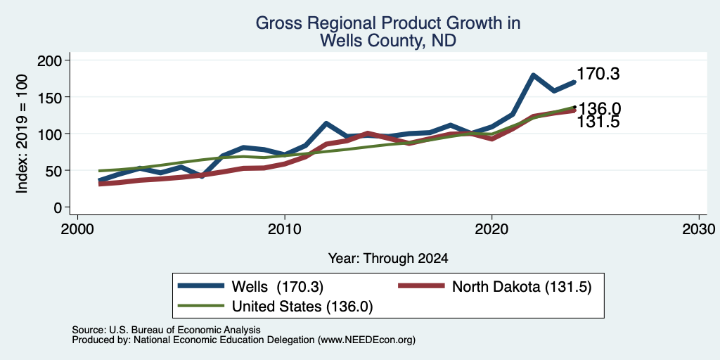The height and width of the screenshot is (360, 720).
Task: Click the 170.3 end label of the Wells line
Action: [x=598, y=74]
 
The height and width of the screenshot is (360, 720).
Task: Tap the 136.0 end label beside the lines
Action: [x=599, y=109]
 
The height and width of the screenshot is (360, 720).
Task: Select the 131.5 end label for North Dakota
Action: [x=598, y=122]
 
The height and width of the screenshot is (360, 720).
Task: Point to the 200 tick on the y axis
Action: [x=51, y=60]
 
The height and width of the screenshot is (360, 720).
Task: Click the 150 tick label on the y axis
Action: [x=51, y=97]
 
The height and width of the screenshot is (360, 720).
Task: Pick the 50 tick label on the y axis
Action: [x=55, y=171]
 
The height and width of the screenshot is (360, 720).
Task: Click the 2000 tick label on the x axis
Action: [x=77, y=229]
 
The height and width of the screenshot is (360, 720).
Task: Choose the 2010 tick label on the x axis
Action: [x=285, y=229]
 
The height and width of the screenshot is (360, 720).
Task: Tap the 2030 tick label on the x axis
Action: [x=699, y=229]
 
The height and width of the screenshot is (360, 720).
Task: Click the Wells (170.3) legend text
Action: [x=278, y=287]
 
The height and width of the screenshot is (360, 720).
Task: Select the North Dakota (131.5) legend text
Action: [x=522, y=287]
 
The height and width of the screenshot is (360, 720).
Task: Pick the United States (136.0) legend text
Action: [x=302, y=307]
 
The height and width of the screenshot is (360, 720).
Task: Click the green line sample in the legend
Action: [x=200, y=306]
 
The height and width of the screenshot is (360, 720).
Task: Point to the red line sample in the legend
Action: [x=421, y=286]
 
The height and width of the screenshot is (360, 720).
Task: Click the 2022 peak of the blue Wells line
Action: [x=533, y=75]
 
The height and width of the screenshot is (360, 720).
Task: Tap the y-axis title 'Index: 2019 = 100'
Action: [x=22, y=134]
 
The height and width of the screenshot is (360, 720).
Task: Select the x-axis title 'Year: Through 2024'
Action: [x=388, y=259]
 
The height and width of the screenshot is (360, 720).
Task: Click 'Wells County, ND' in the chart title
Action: [x=388, y=41]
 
